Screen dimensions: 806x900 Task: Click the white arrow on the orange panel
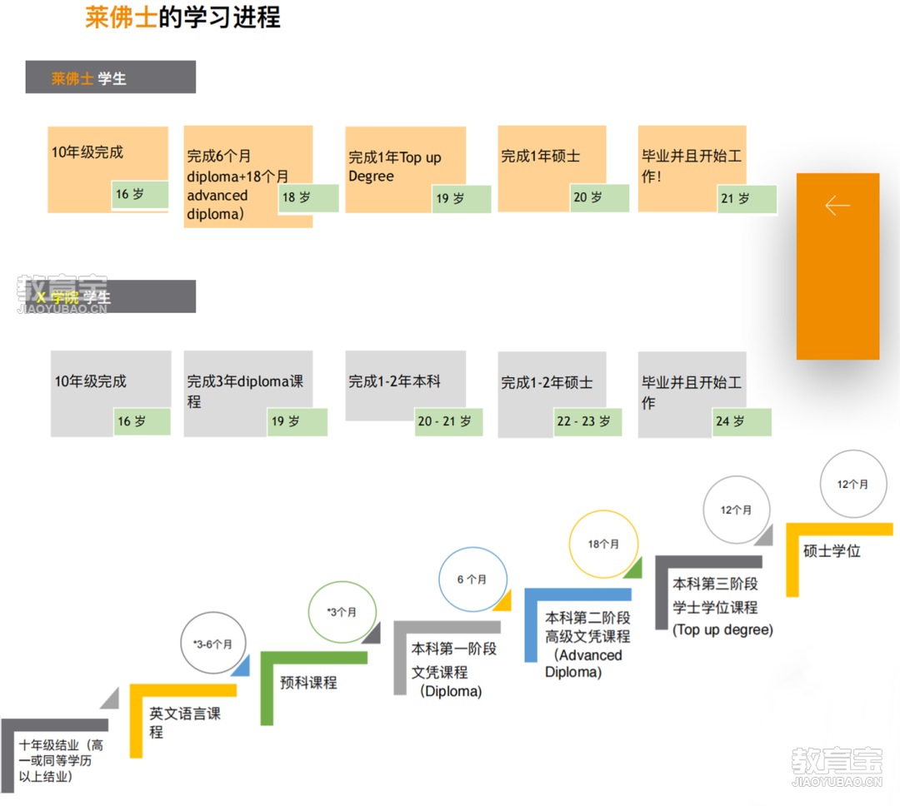pos(837,206)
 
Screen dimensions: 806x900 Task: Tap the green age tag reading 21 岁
pos(747,199)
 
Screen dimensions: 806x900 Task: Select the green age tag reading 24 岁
pos(742,421)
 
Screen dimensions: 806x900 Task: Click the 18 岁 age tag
pos(308,198)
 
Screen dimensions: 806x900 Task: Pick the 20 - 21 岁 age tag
pos(448,421)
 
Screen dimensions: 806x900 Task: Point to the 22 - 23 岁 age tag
pos(587,421)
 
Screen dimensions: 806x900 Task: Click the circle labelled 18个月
pos(603,545)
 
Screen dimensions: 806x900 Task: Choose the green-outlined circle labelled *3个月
pos(342,612)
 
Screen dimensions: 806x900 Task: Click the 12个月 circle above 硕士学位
pos(852,485)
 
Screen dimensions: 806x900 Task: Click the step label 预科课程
pos(309,683)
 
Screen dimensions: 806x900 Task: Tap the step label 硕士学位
pos(832,551)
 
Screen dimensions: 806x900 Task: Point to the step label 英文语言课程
pos(185,723)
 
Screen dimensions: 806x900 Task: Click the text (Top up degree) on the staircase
pos(722,630)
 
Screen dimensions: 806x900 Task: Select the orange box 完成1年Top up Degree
pos(395,167)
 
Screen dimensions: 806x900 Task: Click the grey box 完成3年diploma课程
pos(245,391)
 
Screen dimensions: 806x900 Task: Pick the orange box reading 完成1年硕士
pos(541,157)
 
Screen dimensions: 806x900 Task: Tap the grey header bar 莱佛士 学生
pos(110,77)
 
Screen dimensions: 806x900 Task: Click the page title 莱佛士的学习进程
pos(182,17)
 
